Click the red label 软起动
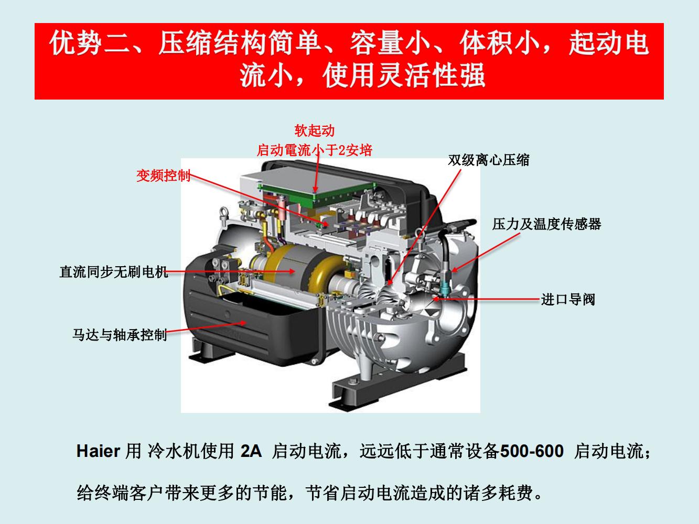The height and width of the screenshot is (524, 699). point(314,131)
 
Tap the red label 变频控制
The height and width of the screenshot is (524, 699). point(164,176)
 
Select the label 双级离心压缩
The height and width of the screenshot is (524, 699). point(489,160)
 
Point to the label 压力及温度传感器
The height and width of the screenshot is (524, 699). point(546,224)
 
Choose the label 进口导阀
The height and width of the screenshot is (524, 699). point(568,300)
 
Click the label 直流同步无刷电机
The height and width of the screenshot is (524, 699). point(114,272)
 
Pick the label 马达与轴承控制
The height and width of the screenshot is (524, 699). point(120,335)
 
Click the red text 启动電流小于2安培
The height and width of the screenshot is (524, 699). point(314,150)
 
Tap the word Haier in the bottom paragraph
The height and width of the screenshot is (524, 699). point(98,451)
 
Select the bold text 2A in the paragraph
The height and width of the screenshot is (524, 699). point(251,451)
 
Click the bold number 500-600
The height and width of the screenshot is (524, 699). point(532,451)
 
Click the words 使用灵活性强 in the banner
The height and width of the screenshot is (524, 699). point(404,76)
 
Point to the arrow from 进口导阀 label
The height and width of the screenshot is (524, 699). point(486,299)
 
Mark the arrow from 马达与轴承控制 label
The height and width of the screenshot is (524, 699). point(206,327)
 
